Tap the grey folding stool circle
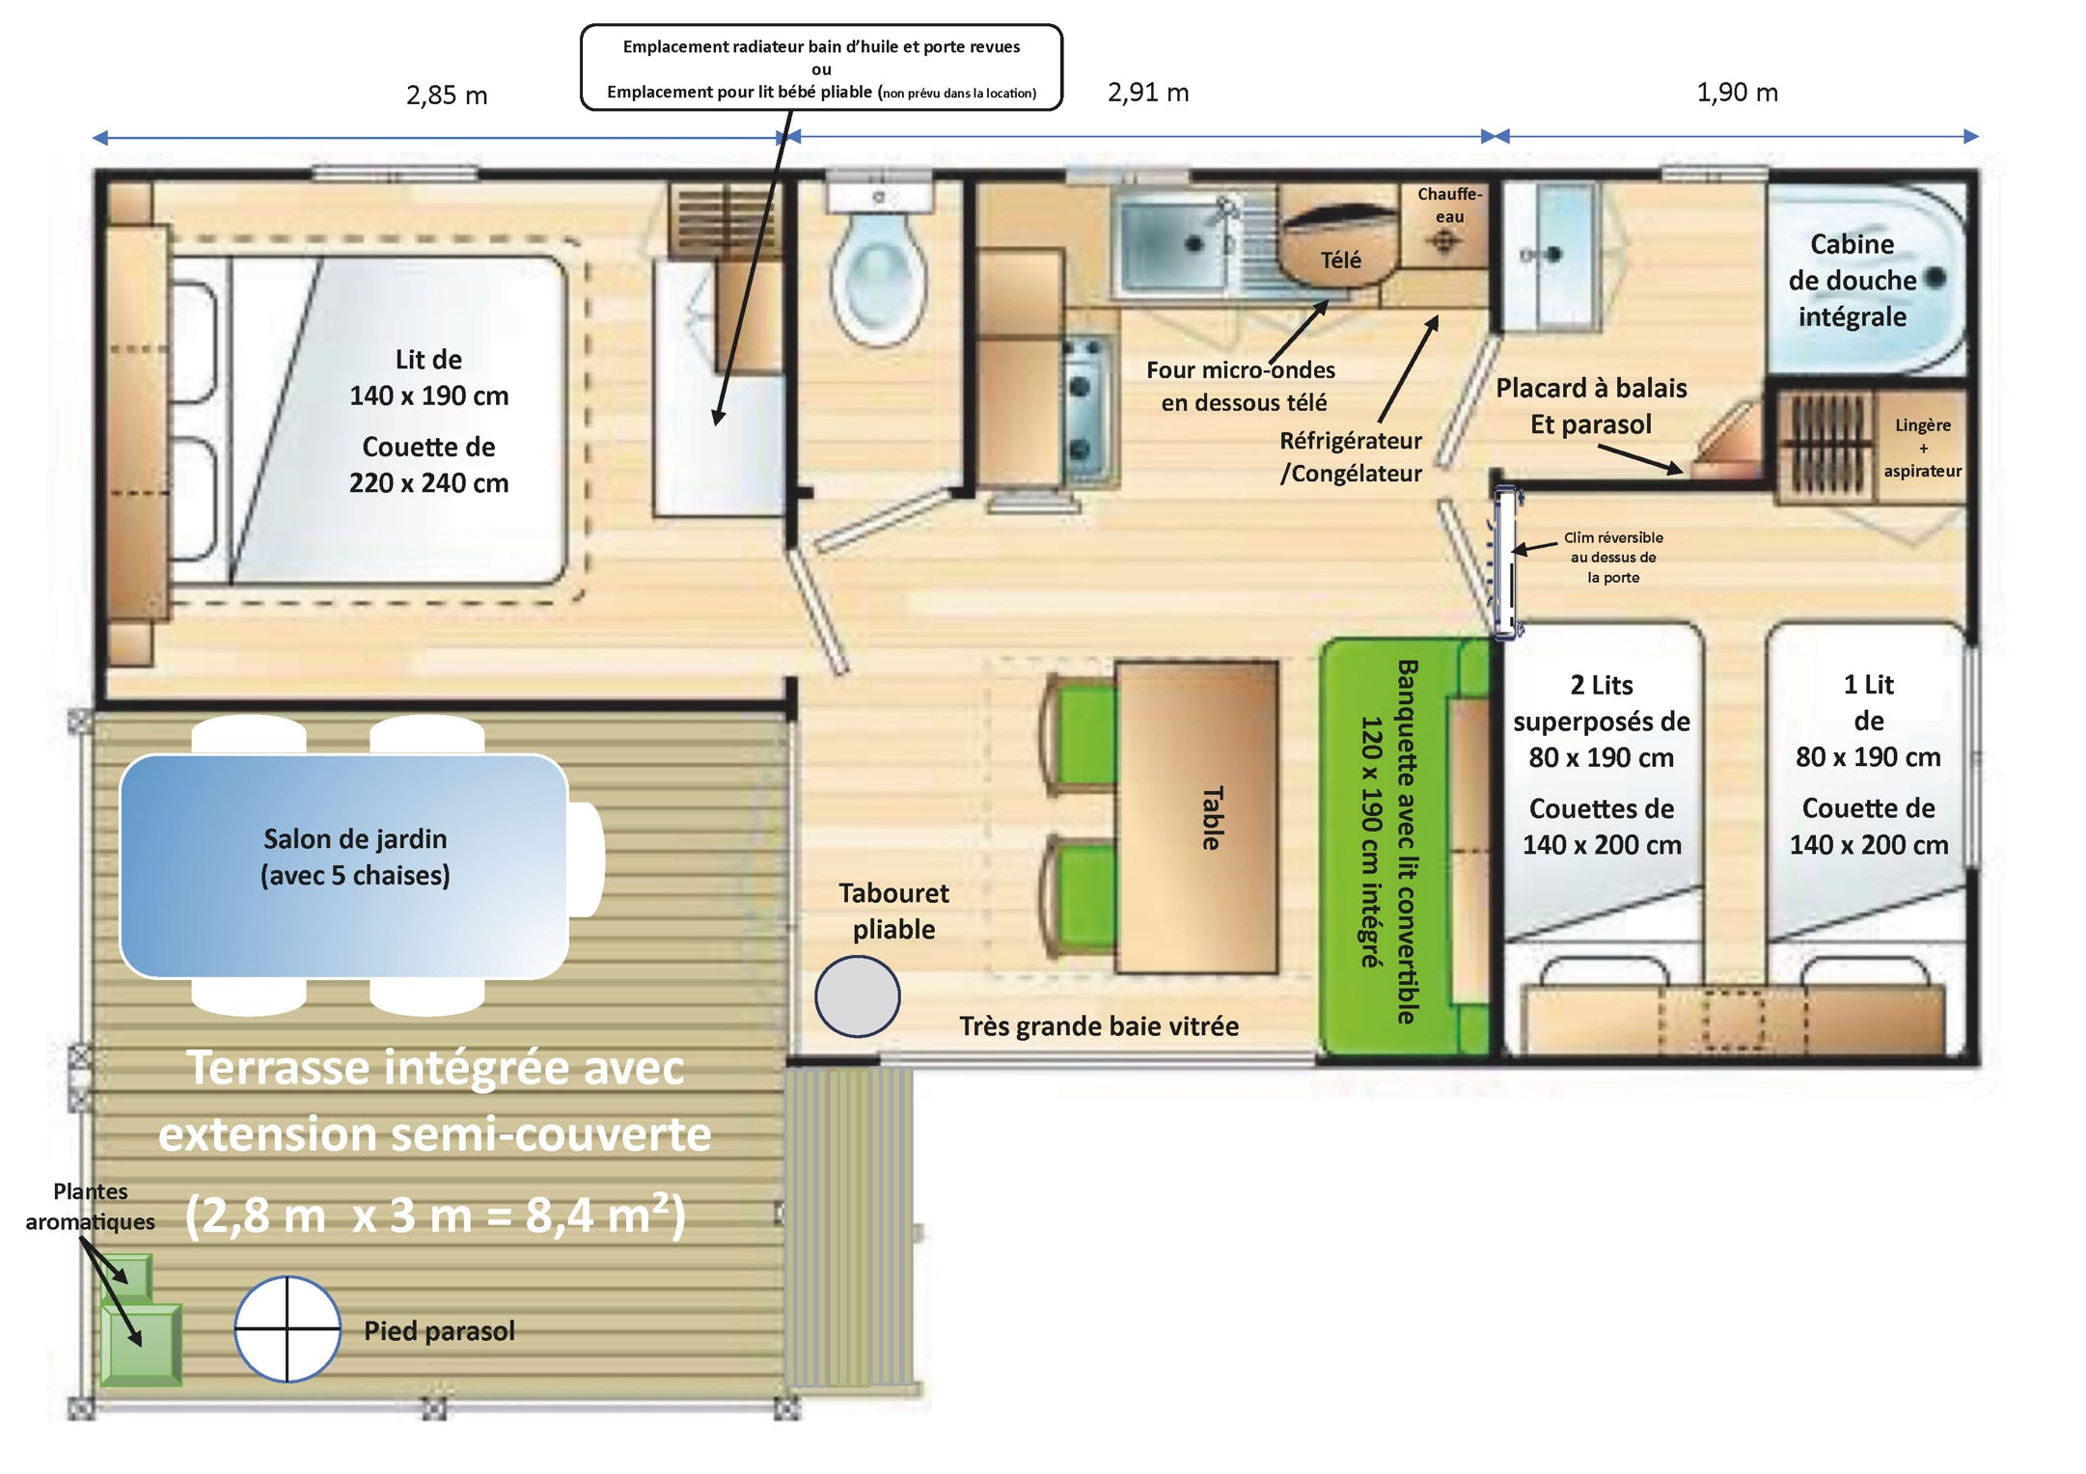[857, 996]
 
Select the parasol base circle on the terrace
[288, 1328]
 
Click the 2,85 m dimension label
[447, 96]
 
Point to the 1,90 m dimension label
[1737, 93]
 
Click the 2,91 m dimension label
[1148, 93]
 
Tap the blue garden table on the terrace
[344, 865]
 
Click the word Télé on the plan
[1340, 259]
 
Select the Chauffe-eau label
[1449, 205]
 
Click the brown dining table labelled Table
[1196, 816]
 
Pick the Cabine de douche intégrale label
[1852, 281]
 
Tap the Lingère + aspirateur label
[1922, 448]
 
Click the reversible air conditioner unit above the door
[1505, 562]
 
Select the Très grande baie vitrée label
[1099, 1025]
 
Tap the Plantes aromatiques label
[90, 1206]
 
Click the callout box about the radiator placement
[821, 68]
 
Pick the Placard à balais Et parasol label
[1591, 406]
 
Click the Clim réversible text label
[1613, 558]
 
